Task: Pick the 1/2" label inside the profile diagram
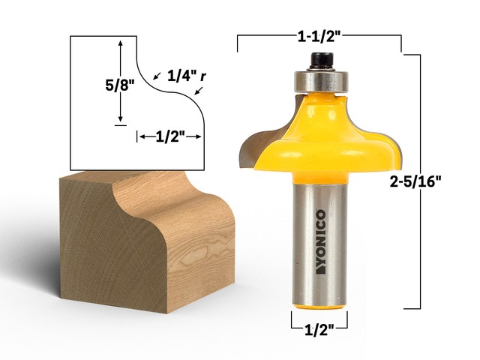[169, 136]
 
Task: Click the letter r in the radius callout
[202, 76]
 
